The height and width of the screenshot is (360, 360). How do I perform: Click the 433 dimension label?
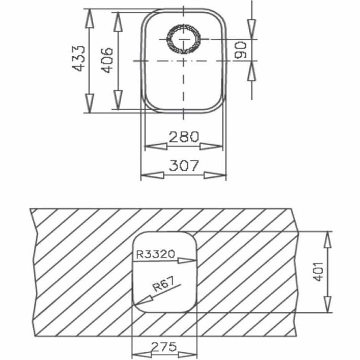click(x=79, y=58)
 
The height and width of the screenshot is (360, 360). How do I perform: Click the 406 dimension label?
click(x=106, y=60)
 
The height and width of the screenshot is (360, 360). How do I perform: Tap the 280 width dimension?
click(x=184, y=136)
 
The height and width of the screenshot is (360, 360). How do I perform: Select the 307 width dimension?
click(x=184, y=166)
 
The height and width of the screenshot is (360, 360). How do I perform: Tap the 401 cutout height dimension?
click(x=319, y=271)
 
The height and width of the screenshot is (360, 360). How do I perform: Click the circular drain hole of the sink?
click(x=184, y=39)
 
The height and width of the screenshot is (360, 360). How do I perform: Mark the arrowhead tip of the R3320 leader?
click(x=195, y=260)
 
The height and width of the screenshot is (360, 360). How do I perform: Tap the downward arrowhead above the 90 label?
click(x=251, y=32)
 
